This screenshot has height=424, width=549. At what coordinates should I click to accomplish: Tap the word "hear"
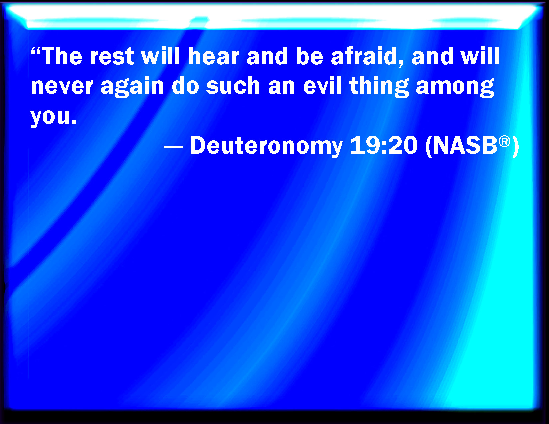tap(214, 56)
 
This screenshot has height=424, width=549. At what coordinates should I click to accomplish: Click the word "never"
tap(62, 87)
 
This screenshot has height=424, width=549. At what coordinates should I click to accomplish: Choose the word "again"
tap(132, 87)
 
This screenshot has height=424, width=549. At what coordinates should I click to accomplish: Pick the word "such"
tap(233, 86)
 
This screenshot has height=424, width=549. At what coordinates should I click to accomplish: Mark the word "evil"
tap(322, 86)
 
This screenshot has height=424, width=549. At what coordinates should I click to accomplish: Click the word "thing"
tap(379, 87)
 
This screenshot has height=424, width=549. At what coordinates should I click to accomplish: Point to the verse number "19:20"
tap(384, 145)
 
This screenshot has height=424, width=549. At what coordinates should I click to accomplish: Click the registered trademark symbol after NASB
tap(505, 142)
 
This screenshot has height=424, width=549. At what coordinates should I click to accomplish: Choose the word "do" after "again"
tap(185, 86)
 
